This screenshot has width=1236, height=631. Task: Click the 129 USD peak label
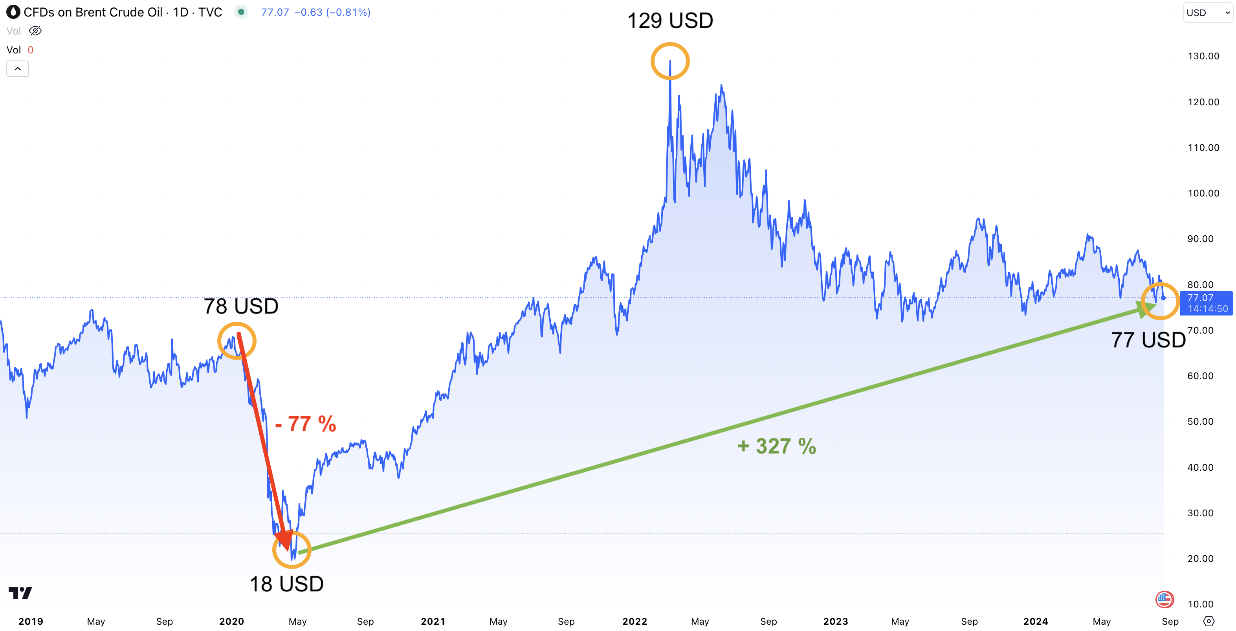coord(670,21)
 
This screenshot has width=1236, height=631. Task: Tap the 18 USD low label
coord(286,584)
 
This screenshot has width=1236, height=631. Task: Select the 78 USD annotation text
coord(241,306)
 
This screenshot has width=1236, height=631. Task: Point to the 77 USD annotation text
coord(1148,340)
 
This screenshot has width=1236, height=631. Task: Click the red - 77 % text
coord(306,424)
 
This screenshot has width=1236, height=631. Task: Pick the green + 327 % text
coord(776,446)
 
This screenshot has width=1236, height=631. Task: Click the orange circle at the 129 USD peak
coord(670,61)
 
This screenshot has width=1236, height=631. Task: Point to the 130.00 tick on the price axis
coord(1203,56)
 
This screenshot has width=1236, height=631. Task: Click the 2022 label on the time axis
coord(635,622)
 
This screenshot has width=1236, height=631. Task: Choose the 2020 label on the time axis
coord(231,622)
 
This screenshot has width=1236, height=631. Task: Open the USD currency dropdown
coord(1208,13)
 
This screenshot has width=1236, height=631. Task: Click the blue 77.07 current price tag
coord(1206,303)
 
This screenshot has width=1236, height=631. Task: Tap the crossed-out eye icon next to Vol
coord(35,31)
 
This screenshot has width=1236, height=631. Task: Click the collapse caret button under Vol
coord(18,69)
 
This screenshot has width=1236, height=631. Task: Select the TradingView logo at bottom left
coord(20,593)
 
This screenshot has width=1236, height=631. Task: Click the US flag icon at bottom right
coord(1164,599)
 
